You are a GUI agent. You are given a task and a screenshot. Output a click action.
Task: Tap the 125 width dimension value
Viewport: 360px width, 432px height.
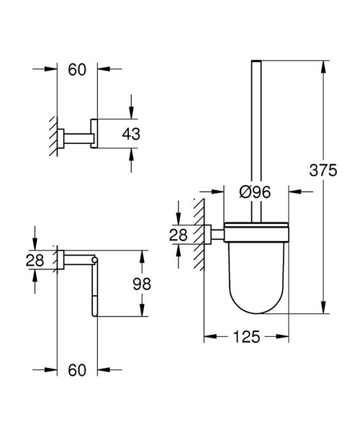pyautogui.click(x=246, y=336)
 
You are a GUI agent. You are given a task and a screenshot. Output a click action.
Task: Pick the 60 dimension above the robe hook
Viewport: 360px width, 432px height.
pyautogui.click(x=77, y=69)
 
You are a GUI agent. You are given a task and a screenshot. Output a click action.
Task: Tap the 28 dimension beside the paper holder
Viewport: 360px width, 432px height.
pyautogui.click(x=35, y=261)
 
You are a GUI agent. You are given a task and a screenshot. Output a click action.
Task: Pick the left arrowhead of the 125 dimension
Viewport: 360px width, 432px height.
pyautogui.click(x=210, y=336)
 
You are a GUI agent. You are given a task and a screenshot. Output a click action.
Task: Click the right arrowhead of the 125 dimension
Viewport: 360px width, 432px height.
pyautogui.click(x=283, y=336)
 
